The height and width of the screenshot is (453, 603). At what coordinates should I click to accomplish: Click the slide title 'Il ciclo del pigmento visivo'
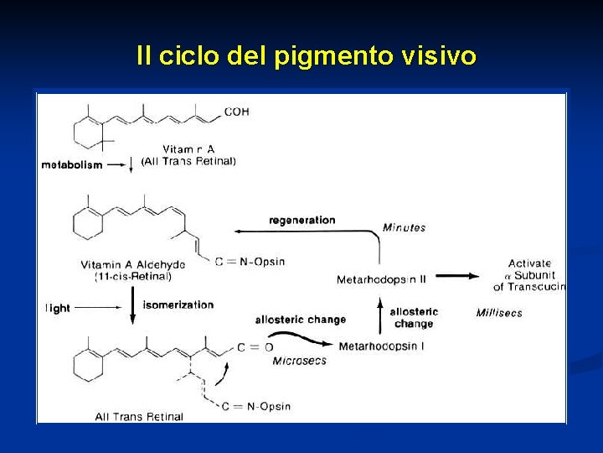[307, 56]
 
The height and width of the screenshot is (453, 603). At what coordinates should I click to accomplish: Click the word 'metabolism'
[72, 164]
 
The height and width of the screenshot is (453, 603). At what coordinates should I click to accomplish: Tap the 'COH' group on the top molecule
[237, 112]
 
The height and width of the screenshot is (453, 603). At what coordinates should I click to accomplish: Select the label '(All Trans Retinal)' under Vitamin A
[188, 161]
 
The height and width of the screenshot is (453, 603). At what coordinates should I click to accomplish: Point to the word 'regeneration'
[301, 220]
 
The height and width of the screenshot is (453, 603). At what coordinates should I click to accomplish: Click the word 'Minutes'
[404, 227]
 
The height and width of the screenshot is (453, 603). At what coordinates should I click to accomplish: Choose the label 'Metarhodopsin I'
[381, 346]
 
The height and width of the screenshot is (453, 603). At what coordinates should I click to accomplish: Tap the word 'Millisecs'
[499, 313]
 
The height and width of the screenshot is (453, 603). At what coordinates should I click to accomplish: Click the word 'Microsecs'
[299, 361]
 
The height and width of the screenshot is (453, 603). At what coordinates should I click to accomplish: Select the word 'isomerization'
[178, 305]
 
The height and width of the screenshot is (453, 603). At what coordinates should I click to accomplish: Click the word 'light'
[58, 308]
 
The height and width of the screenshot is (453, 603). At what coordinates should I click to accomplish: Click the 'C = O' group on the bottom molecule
[255, 346]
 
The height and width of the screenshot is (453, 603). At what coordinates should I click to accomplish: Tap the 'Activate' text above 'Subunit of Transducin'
[529, 263]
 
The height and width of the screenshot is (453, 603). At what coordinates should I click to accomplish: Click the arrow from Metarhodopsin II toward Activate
[457, 275]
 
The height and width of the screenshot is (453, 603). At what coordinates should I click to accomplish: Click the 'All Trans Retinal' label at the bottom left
[139, 416]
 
